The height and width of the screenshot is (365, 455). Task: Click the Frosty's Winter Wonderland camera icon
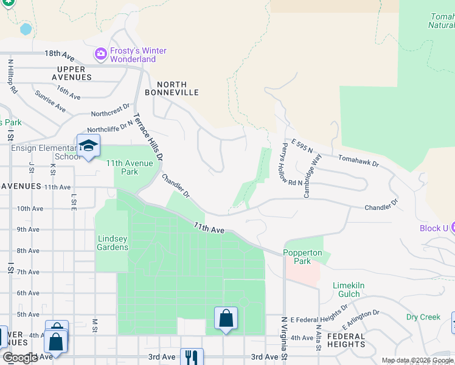pyautogui.click(x=100, y=55)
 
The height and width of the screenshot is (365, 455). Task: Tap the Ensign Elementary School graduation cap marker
pyautogui.click(x=88, y=146)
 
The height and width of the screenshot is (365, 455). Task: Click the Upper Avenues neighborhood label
pyautogui.click(x=72, y=73)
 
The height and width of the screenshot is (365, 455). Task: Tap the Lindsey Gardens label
pyautogui.click(x=113, y=243)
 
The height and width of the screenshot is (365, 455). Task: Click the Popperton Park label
pyautogui.click(x=297, y=257)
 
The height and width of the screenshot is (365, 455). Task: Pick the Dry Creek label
pyautogui.click(x=423, y=317)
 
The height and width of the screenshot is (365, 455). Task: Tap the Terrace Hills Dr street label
pyautogui.click(x=148, y=137)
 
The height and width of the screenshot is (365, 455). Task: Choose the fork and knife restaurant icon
pyautogui.click(x=192, y=356)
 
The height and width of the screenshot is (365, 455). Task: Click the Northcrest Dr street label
pyautogui.click(x=110, y=110)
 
